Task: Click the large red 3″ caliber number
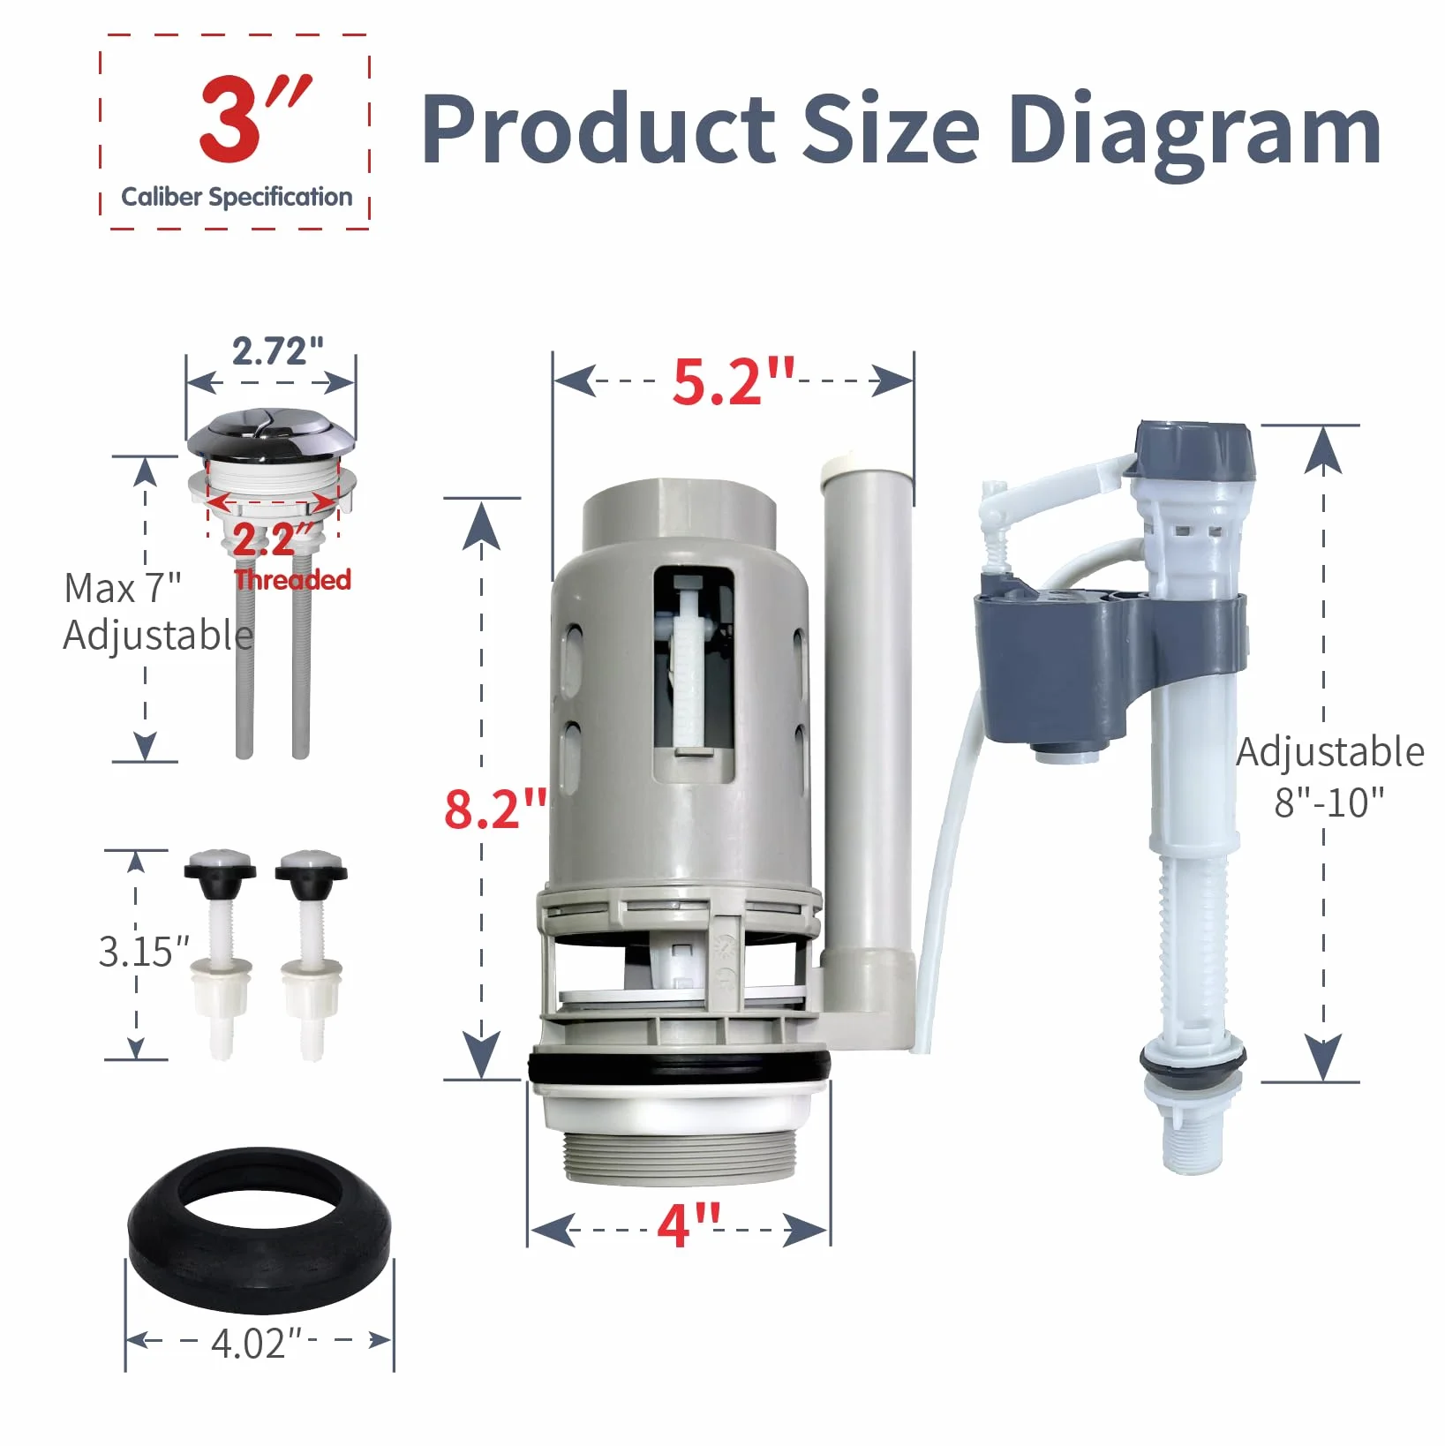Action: (255, 119)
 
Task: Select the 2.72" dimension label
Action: (278, 350)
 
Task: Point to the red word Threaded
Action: (293, 579)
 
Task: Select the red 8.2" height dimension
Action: (496, 808)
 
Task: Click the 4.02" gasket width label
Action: (256, 1343)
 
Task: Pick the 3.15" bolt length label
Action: (144, 951)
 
